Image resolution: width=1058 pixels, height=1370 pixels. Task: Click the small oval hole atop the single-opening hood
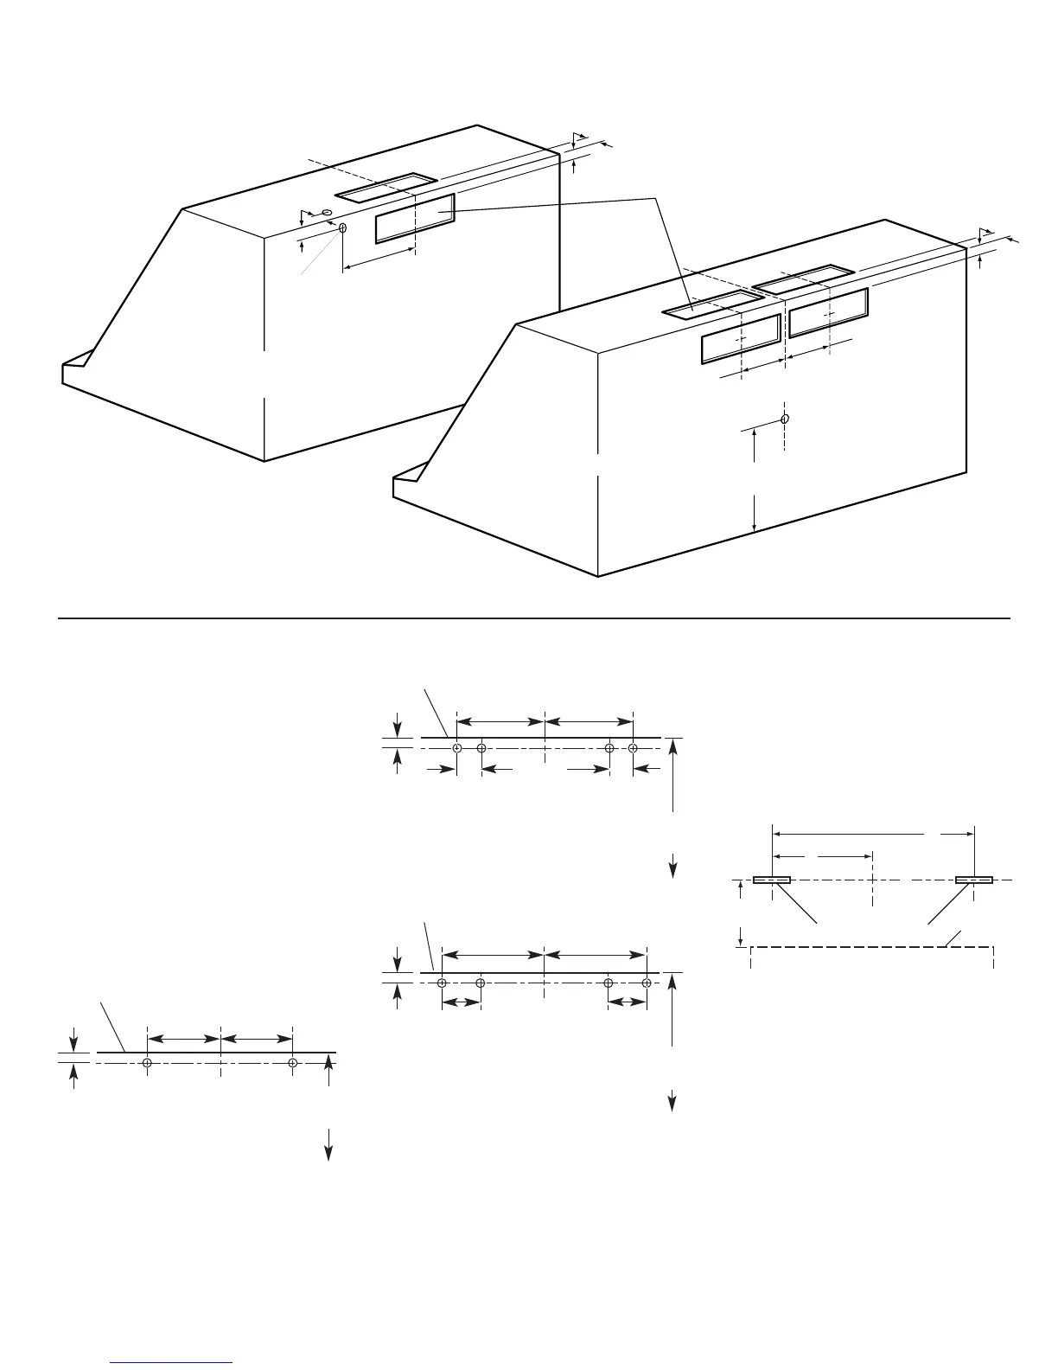coord(327,212)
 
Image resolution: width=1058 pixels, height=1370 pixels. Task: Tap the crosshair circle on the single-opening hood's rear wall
coord(343,228)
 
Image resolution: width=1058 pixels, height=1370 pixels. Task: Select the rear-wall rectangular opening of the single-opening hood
coord(415,219)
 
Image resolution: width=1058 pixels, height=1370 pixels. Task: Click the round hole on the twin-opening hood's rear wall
coord(784,419)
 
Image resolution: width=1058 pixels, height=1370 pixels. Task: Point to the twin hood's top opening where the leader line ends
coord(711,304)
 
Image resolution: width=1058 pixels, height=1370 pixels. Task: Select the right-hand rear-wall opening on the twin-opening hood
coord(828,312)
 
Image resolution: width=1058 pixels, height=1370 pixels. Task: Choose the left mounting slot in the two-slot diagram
coord(771,880)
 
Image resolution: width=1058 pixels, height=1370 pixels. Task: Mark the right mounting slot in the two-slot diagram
coord(974,880)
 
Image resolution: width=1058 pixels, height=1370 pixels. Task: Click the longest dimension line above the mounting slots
coord(873,835)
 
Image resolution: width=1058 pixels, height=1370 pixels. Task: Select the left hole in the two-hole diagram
coord(148,1062)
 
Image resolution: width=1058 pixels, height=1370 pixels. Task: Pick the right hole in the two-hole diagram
coord(293,1062)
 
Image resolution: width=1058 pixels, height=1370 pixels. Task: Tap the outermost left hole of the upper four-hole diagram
coord(456,748)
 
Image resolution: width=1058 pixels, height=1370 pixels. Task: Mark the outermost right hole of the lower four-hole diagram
coord(646,983)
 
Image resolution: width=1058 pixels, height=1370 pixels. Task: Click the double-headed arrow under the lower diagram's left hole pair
coord(461,1002)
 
